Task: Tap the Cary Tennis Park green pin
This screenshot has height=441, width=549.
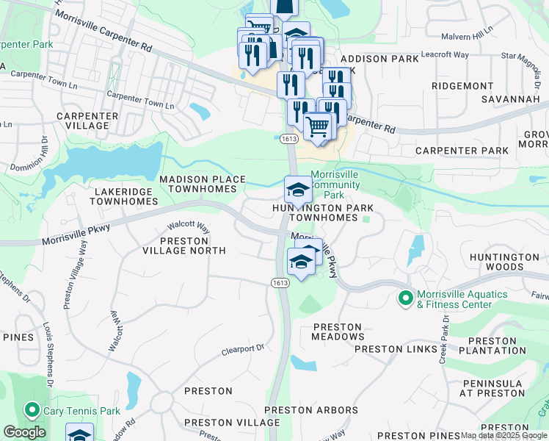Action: (x=32, y=410)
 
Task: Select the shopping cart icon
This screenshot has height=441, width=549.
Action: (x=318, y=126)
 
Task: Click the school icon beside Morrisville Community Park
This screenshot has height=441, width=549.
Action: (x=298, y=190)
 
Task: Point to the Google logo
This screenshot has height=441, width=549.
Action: (x=24, y=432)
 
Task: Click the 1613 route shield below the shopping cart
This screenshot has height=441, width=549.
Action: (x=288, y=138)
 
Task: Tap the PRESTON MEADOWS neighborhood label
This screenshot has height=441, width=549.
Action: (x=338, y=331)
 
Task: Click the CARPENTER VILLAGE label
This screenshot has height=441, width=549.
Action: (x=87, y=121)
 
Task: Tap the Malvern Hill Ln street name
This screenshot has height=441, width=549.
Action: (x=467, y=35)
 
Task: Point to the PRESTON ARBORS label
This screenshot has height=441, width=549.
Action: (x=311, y=410)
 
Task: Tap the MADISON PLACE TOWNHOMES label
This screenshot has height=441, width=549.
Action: (x=198, y=184)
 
